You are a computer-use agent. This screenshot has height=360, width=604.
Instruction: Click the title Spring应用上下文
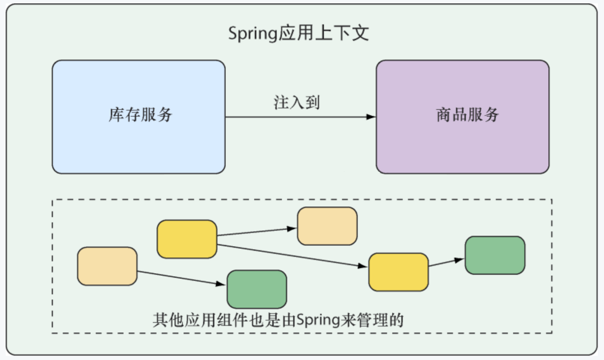(298, 33)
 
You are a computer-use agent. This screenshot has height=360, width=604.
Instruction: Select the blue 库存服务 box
(139, 117)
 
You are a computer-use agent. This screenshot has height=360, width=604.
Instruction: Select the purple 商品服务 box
(462, 117)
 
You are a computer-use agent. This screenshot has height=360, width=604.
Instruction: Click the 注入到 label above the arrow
(297, 103)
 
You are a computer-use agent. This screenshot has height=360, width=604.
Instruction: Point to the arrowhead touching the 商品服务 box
(371, 117)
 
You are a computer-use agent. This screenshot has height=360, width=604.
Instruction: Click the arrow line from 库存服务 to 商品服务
(296, 117)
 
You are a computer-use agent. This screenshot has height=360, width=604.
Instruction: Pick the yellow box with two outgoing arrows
(187, 239)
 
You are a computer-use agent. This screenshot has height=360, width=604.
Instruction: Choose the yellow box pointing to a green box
(398, 272)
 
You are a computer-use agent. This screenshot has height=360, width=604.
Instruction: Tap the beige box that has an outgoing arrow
(107, 266)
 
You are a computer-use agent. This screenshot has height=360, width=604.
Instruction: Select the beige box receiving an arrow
(327, 226)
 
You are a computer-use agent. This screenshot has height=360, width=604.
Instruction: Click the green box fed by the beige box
(257, 289)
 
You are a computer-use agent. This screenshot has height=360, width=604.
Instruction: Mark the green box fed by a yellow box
(495, 255)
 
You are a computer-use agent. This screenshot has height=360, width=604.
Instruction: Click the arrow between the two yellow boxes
(292, 256)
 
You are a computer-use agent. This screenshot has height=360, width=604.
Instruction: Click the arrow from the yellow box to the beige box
(256, 231)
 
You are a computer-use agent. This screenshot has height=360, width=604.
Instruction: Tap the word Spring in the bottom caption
(318, 320)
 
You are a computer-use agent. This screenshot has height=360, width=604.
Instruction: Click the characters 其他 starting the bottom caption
(169, 320)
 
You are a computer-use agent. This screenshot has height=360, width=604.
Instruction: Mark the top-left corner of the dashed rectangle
(52, 200)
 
